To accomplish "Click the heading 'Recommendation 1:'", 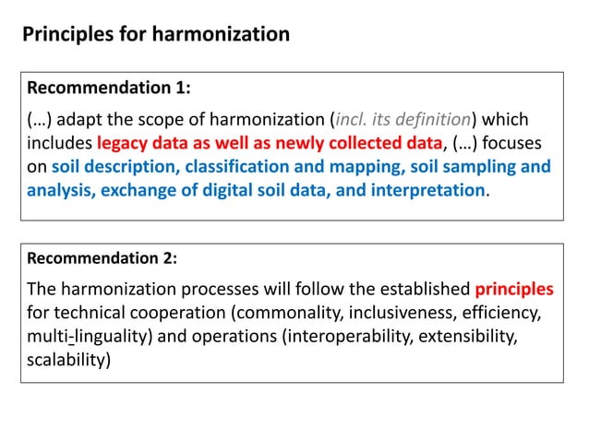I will pyautogui.click(x=109, y=89).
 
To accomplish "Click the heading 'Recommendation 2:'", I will pyautogui.click(x=109, y=258).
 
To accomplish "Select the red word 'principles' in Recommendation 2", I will pyautogui.click(x=514, y=289).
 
